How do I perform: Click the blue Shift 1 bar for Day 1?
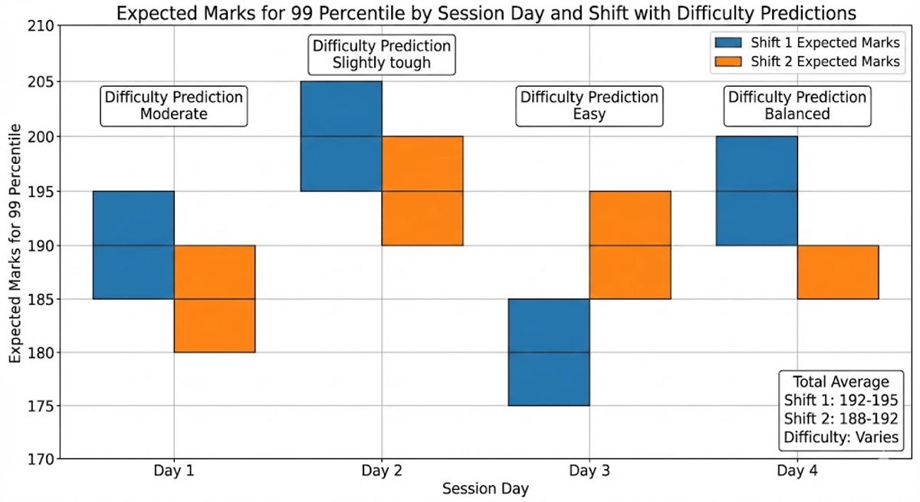(133, 244)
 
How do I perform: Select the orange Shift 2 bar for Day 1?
(215, 299)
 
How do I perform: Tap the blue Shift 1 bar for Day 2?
(341, 136)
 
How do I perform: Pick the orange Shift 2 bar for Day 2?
(422, 191)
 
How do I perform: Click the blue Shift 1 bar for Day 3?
(549, 352)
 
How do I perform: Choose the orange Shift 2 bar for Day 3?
(630, 244)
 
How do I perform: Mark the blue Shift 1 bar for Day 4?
(757, 191)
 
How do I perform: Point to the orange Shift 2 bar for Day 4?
(838, 272)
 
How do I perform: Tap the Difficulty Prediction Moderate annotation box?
(174, 106)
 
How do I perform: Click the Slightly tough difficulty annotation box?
(382, 54)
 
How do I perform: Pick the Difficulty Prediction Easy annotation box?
(589, 106)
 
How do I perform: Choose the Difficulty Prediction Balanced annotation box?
(797, 106)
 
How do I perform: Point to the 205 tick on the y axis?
(38, 82)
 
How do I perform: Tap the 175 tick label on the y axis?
(38, 406)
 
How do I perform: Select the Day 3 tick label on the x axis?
(589, 471)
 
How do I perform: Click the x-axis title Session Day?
(485, 488)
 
